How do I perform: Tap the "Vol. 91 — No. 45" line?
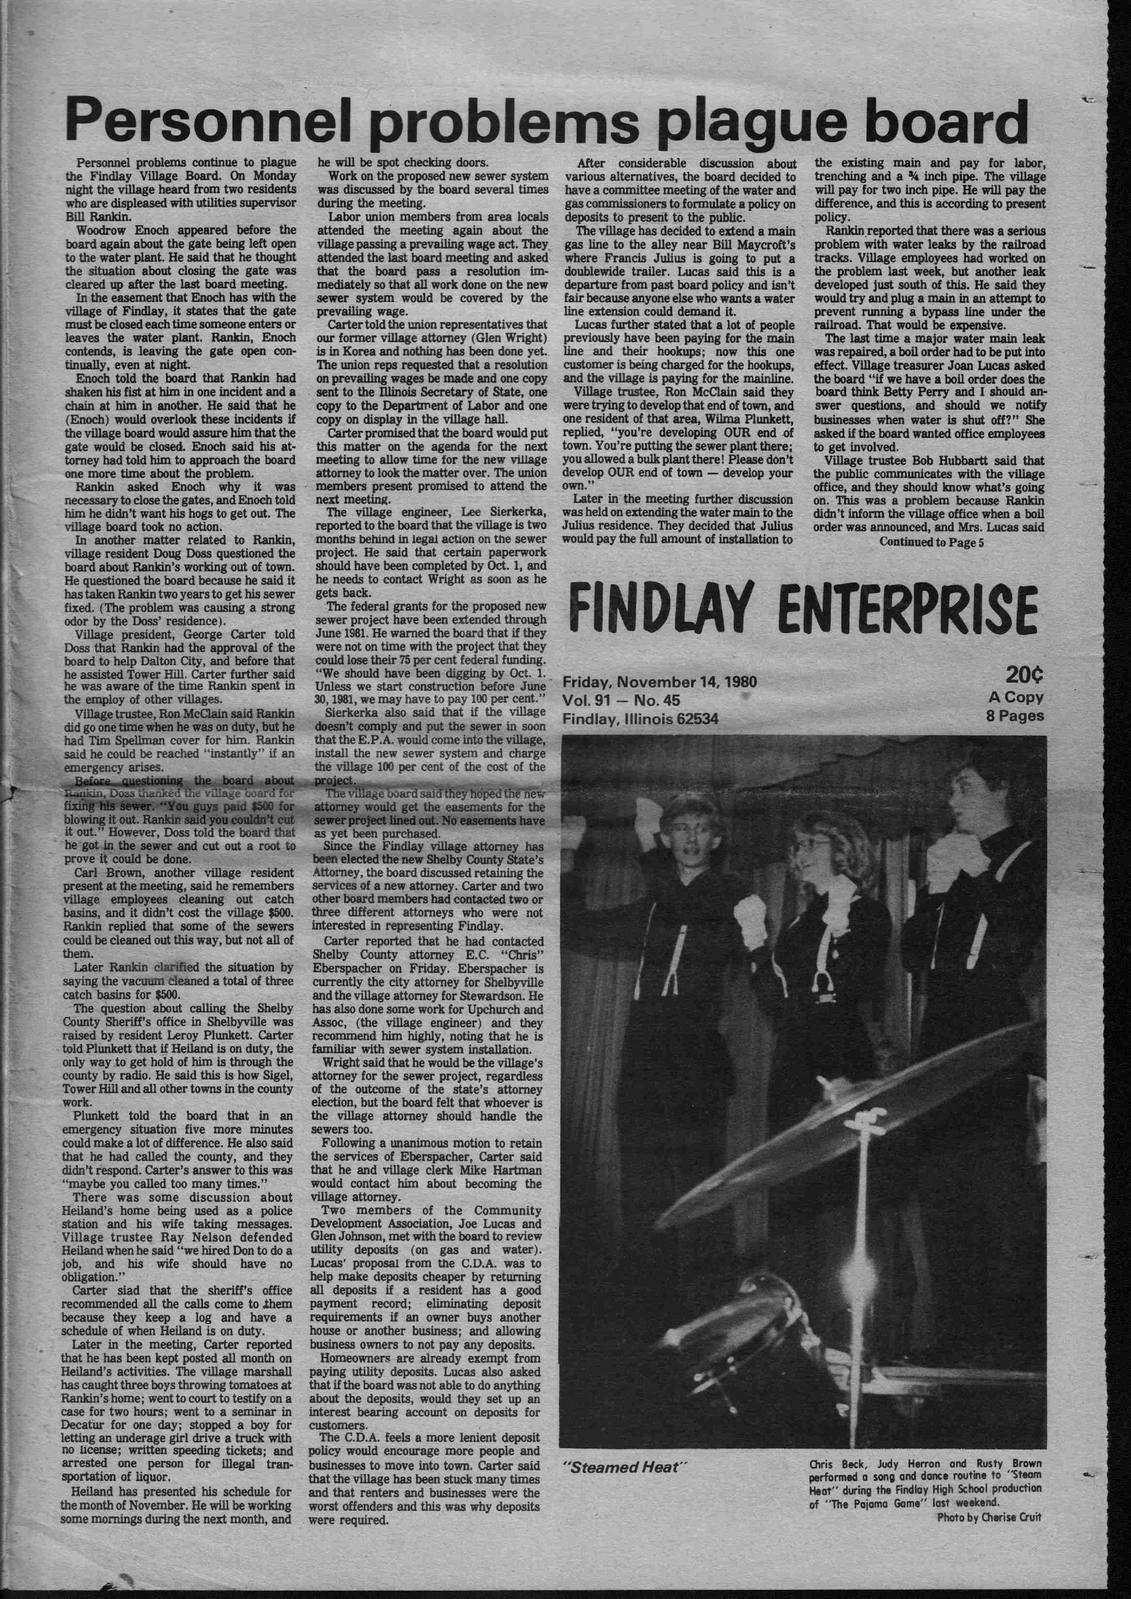[x=621, y=700]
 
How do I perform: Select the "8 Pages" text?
[x=1015, y=716]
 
